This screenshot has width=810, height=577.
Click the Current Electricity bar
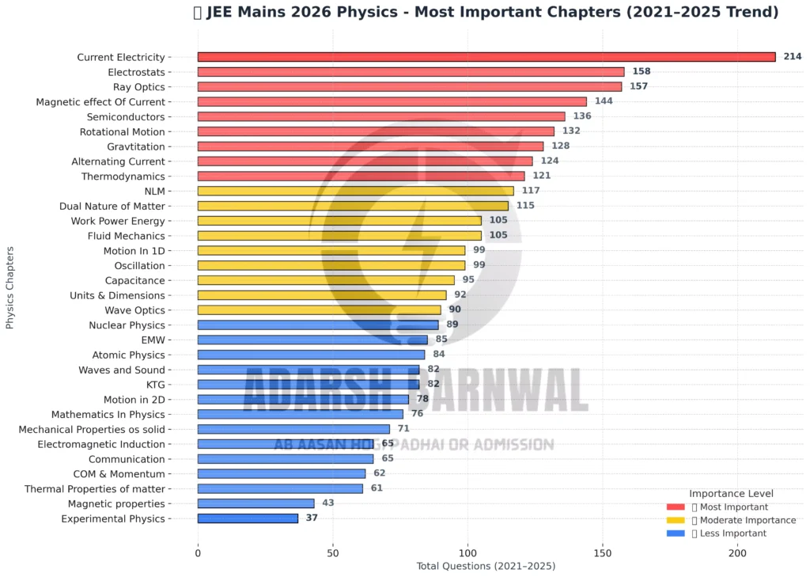click(486, 57)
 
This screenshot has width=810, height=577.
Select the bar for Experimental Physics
click(248, 518)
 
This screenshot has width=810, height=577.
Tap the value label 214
click(793, 57)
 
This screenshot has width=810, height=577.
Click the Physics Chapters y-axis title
click(10, 287)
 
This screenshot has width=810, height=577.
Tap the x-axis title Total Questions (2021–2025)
click(486, 567)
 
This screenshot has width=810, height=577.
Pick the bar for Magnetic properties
click(255, 503)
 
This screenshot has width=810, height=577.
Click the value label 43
click(328, 503)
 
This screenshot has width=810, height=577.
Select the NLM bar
click(355, 191)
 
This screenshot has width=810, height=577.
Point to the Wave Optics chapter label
click(134, 310)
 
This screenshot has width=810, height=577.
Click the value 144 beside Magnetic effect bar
click(604, 101)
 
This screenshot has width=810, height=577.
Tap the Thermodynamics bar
click(361, 176)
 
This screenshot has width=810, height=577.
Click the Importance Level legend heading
click(731, 493)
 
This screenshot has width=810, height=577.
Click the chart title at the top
click(486, 13)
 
